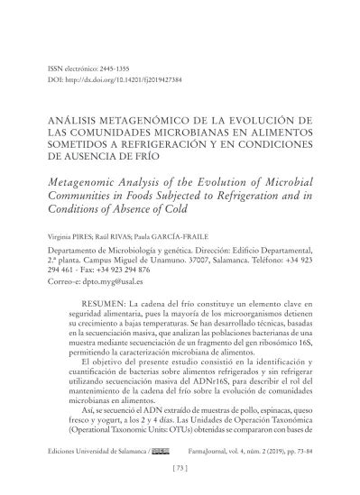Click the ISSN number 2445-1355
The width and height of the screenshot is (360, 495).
coord(115,68)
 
